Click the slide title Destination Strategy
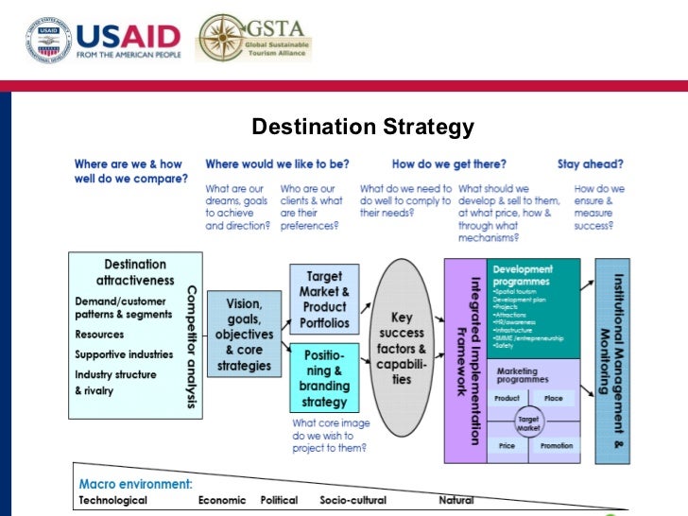tap(363, 127)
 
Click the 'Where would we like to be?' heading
tap(277, 163)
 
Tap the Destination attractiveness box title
tap(135, 272)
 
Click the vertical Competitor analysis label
tap(192, 347)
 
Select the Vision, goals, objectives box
tap(243, 334)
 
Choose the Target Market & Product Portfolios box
tap(324, 300)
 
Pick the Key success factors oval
tap(402, 348)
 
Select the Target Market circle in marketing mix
tap(527, 422)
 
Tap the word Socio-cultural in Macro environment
tap(352, 499)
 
